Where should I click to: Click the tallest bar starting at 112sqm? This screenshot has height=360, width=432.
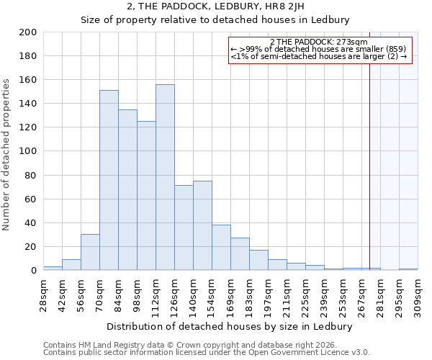tap(165, 177)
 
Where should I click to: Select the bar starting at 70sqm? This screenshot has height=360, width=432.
tap(109, 180)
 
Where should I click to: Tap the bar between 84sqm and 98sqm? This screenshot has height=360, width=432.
tap(127, 189)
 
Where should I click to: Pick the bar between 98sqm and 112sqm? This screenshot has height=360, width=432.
tap(146, 195)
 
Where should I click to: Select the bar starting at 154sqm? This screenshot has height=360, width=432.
tap(221, 247)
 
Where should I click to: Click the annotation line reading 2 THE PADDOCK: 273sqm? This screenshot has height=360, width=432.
tap(320, 42)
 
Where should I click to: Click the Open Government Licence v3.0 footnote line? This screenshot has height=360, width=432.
tap(207, 352)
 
